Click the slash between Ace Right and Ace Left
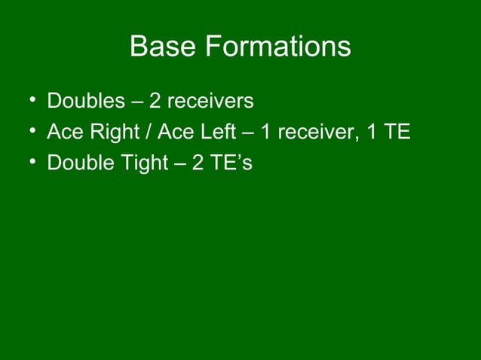point(151,133)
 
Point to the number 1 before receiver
point(266,133)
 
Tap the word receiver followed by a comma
point(312,133)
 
